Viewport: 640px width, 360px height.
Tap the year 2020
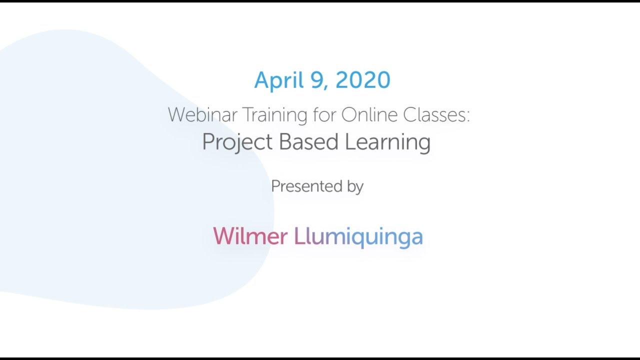363,80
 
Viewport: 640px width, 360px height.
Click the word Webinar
202,115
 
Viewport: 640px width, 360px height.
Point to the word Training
275,115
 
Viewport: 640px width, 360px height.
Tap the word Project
237,142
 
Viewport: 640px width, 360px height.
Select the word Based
309,141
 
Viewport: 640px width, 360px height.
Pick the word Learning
387,142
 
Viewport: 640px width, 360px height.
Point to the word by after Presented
354,186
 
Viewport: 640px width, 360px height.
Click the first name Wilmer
250,236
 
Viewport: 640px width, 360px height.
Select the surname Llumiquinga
358,236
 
